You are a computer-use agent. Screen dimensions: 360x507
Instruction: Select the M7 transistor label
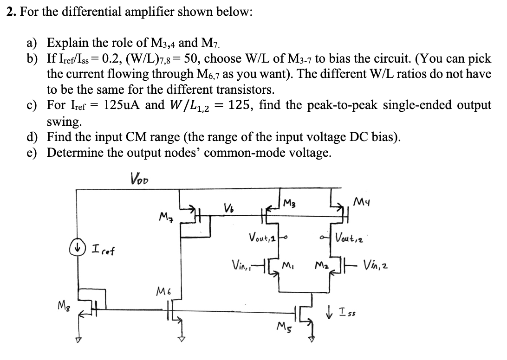click(x=166, y=216)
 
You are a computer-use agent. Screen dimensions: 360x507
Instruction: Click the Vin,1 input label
click(x=241, y=267)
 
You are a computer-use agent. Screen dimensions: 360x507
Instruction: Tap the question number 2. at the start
click(x=11, y=12)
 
